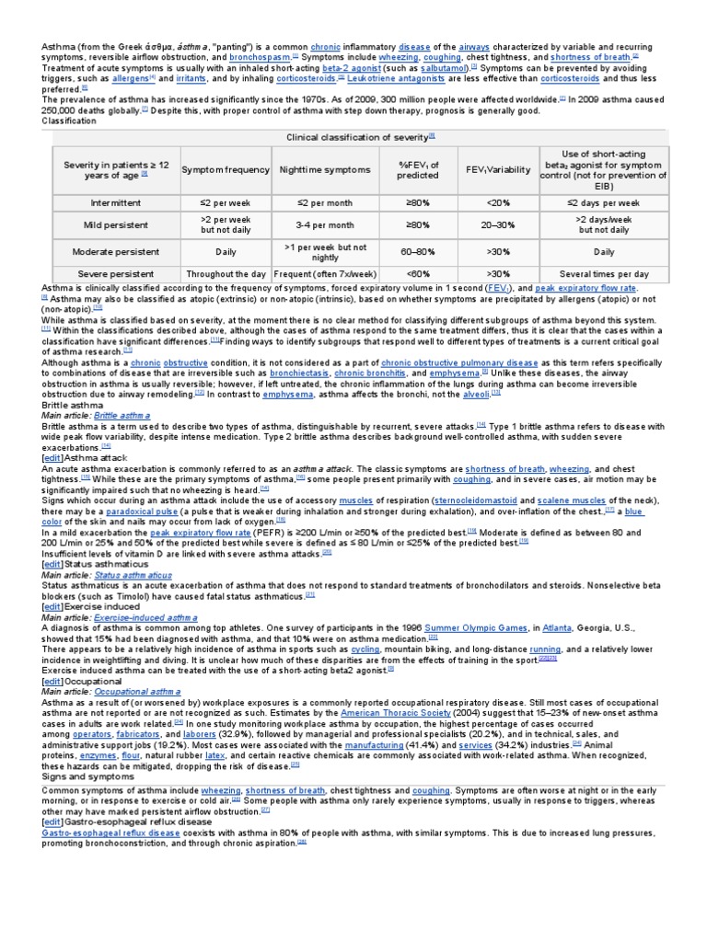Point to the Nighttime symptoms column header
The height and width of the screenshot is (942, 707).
pyautogui.click(x=325, y=169)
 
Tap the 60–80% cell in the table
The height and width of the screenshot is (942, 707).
pyautogui.click(x=417, y=251)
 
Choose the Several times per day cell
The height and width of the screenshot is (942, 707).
pyautogui.click(x=604, y=274)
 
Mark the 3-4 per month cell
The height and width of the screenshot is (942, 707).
pyautogui.click(x=325, y=224)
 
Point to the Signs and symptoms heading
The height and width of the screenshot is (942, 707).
pyautogui.click(x=88, y=775)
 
